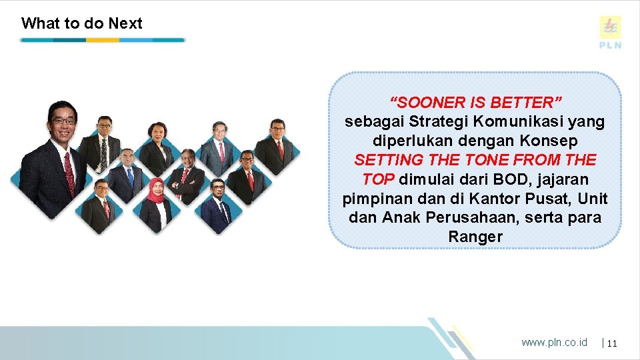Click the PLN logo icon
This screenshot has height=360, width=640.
coord(610,27)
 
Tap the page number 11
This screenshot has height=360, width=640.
coord(613,343)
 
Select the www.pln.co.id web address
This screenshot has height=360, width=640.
coord(554,342)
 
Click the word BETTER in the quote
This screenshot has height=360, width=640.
coord(526,103)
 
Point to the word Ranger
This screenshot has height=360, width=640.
coord(475,237)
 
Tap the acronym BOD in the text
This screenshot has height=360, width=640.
coord(511,179)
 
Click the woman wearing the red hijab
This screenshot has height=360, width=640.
coord(157,203)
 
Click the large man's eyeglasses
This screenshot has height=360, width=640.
coord(63,121)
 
